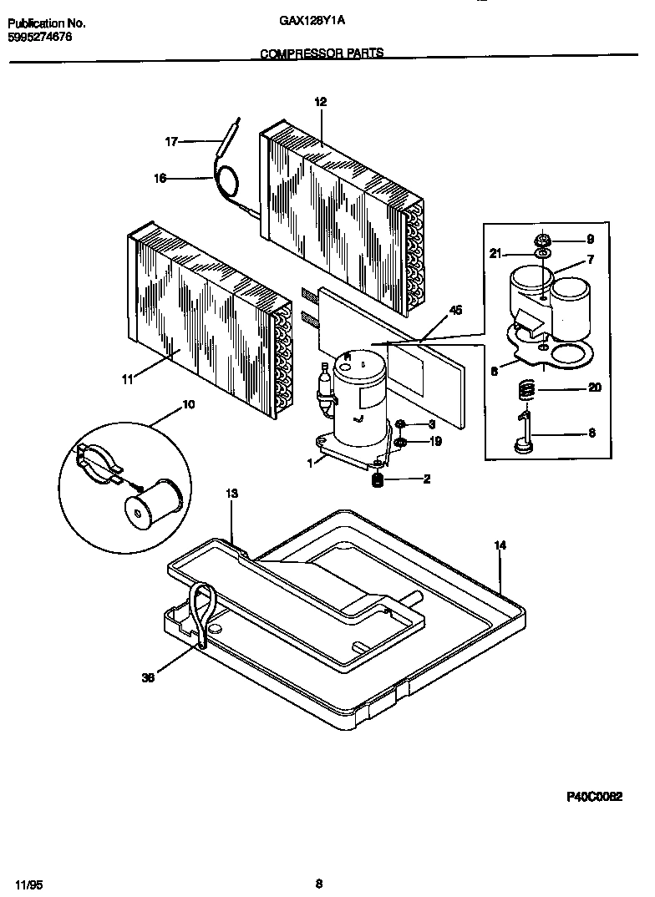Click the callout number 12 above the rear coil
320,102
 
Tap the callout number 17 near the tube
171,142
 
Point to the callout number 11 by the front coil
127,379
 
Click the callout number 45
455,311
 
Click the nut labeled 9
543,240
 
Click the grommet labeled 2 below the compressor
378,479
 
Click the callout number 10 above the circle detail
188,404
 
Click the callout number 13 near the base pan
232,494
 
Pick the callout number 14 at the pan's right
500,545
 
